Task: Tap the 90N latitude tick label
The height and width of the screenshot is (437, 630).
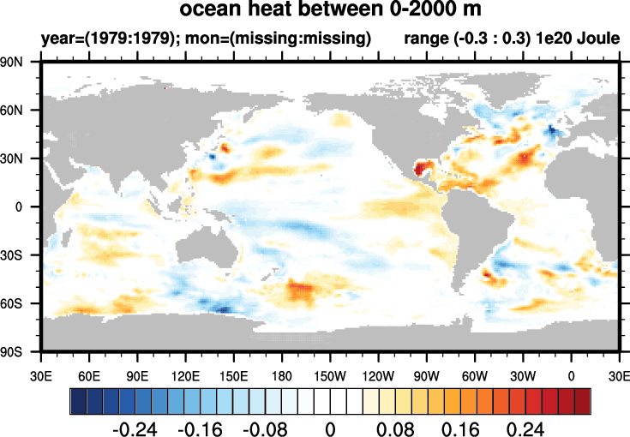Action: tap(18, 63)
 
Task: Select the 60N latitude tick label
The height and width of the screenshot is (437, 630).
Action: tap(18, 111)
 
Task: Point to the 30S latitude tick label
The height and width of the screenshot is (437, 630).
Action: tap(18, 255)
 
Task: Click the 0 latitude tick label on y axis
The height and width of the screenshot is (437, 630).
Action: tap(27, 207)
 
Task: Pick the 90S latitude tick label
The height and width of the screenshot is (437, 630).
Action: tap(18, 352)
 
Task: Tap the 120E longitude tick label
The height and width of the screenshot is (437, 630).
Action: tap(186, 374)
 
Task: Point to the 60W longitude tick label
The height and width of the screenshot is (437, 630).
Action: tap(476, 374)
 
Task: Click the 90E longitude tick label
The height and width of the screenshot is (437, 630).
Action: tap(138, 374)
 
